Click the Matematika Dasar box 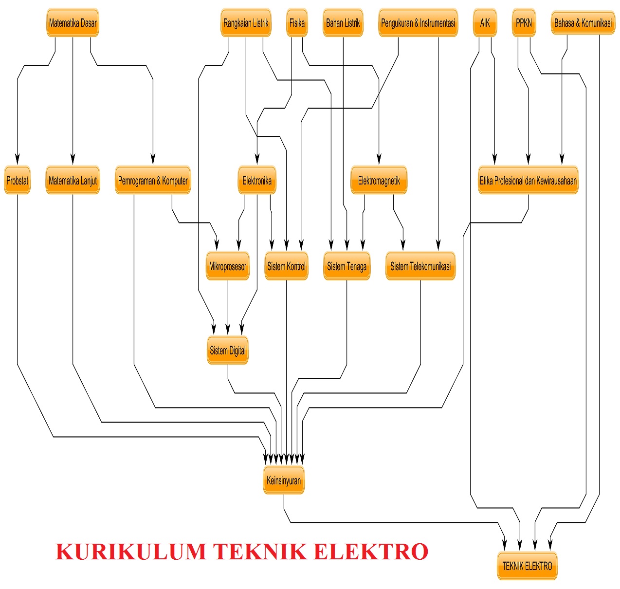(x=73, y=23)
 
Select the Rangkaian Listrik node (x=246, y=23)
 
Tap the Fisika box (x=297, y=23)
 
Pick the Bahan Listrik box (x=343, y=23)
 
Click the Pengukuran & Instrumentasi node (x=418, y=23)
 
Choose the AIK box (x=485, y=23)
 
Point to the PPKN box (x=524, y=23)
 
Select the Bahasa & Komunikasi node (x=583, y=23)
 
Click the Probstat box (x=18, y=181)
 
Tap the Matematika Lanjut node (x=73, y=181)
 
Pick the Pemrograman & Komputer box (x=153, y=181)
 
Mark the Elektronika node (x=257, y=181)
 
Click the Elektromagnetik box (x=379, y=181)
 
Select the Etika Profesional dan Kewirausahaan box (x=528, y=181)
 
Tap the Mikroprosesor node (x=228, y=266)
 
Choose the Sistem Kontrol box (x=286, y=266)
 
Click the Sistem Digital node (x=228, y=350)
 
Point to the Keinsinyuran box (x=284, y=480)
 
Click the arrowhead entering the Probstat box (x=18, y=159)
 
